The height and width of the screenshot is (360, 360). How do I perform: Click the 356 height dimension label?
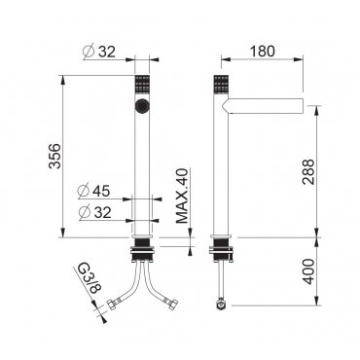coord(54,156)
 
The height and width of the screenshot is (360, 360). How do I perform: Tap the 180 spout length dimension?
coord(263,51)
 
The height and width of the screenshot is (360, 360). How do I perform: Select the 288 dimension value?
coord(308,172)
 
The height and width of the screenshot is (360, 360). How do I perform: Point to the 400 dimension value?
coord(308,271)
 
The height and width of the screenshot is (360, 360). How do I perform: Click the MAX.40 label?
coord(182,196)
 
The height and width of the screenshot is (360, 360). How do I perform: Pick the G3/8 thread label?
coord(88,279)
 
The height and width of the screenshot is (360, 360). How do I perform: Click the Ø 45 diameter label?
coord(94,191)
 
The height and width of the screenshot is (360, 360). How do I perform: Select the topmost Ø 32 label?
coord(99,52)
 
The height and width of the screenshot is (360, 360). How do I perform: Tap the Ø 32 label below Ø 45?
coord(95,212)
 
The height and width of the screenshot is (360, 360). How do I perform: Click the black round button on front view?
coord(142,105)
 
